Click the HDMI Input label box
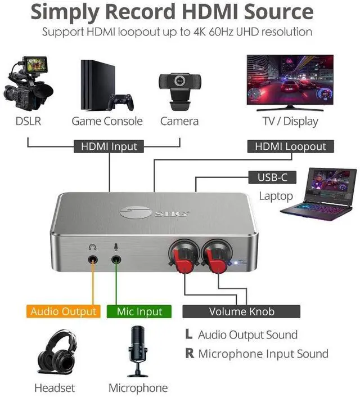pos(109,146)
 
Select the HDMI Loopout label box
pos(290,146)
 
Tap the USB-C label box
pos(272,178)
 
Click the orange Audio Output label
pos(63,311)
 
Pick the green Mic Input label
pos(139,311)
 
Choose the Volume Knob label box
pos(241,311)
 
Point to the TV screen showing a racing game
pos(290,79)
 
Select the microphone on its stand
pos(137,349)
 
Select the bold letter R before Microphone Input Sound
pos(189,354)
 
